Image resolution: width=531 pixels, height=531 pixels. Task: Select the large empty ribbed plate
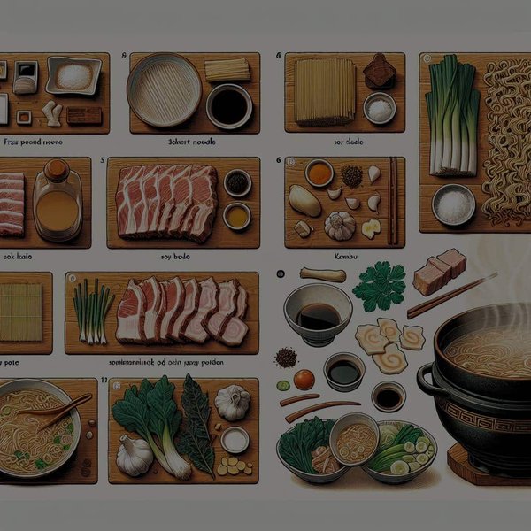(164, 89)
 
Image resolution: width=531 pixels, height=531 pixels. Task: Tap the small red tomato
(304, 379)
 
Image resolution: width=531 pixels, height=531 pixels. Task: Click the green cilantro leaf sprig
(378, 286)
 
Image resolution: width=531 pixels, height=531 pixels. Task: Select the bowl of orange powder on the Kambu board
(319, 173)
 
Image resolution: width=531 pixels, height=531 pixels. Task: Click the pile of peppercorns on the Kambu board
(352, 176)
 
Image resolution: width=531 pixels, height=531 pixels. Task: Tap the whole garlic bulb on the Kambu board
(340, 225)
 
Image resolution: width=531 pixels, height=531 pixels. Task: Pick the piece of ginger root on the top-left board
(52, 112)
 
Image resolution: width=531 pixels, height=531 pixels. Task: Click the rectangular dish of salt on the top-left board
(73, 76)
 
